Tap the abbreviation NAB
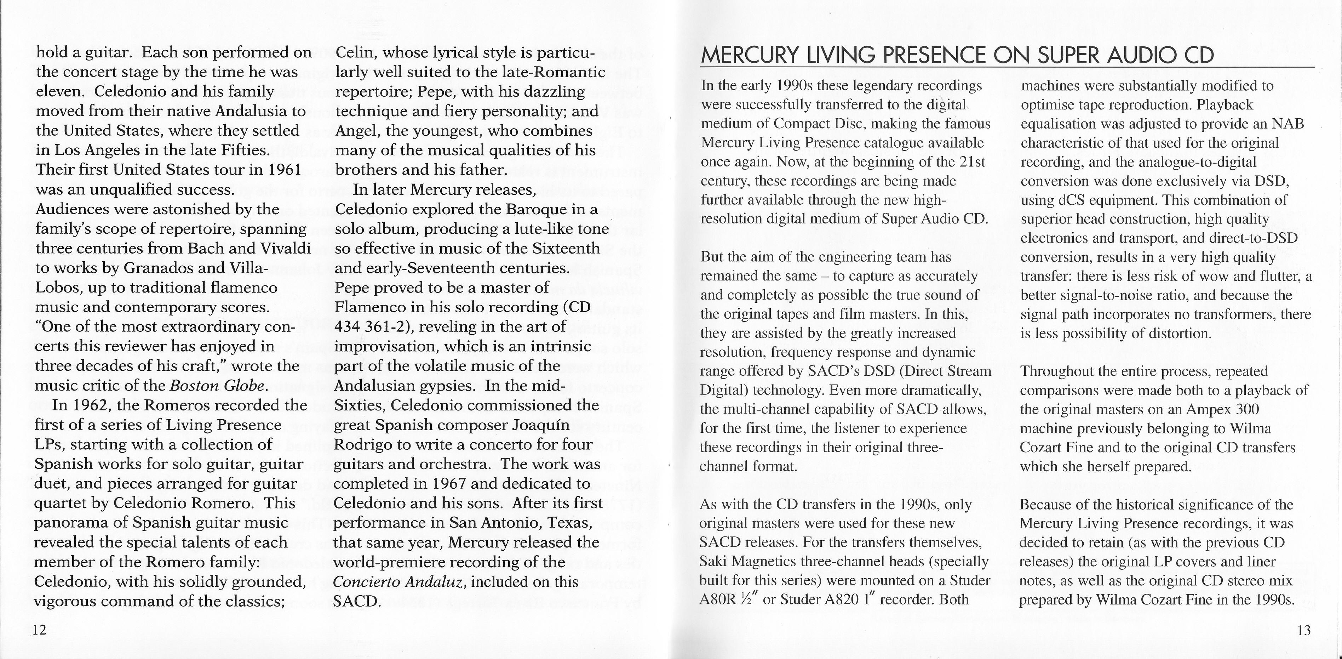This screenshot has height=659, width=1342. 1288,124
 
